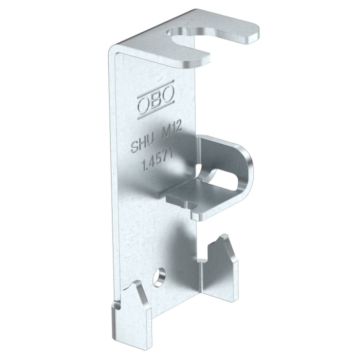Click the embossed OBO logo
(x=156, y=99)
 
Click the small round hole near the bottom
(x=160, y=277)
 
